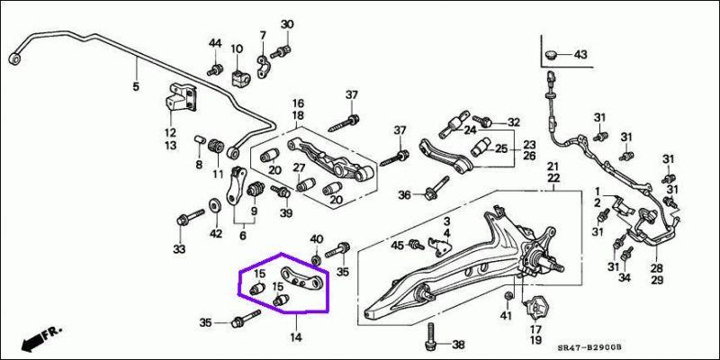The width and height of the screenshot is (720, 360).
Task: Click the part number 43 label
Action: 580,55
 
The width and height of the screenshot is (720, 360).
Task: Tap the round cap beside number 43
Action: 553,55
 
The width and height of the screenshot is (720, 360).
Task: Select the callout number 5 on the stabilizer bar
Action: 136,87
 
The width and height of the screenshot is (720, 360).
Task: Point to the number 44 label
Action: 215,44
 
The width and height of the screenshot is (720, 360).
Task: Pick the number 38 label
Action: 459,345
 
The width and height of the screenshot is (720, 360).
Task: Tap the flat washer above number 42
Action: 215,206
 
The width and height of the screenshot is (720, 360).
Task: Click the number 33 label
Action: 179,248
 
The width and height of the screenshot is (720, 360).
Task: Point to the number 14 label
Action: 294,337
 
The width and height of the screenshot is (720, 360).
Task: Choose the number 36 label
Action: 404,194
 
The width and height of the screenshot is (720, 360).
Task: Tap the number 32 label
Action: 513,122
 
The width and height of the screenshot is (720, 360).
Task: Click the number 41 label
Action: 506,317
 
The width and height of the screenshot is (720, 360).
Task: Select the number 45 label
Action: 398,246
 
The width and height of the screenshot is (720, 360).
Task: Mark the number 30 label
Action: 286,23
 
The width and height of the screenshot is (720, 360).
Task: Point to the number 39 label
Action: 286,212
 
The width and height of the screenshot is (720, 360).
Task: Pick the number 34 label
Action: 624,278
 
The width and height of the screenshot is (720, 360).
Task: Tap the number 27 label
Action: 299,167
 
